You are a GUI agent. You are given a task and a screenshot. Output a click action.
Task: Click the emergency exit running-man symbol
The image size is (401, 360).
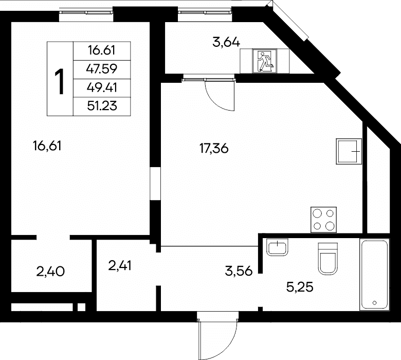pyautogui.click(x=265, y=61)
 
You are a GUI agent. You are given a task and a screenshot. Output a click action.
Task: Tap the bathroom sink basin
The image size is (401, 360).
pyautogui.click(x=277, y=247)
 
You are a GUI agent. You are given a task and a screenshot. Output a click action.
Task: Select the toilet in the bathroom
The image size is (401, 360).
pyautogui.click(x=328, y=259)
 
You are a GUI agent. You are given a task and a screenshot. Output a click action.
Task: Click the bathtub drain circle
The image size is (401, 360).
pyautogui.click(x=375, y=303)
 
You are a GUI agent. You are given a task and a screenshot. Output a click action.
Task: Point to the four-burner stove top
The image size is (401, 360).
pyautogui.click(x=323, y=220)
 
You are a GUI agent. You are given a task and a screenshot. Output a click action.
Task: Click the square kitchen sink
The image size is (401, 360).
pyautogui.click(x=349, y=151)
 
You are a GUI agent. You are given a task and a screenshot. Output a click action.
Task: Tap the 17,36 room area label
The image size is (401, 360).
pyautogui.click(x=214, y=149)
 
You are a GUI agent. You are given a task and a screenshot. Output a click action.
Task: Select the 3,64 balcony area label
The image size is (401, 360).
pyautogui.click(x=226, y=43)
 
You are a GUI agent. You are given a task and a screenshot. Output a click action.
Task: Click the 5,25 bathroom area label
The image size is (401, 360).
pyautogui.click(x=300, y=287)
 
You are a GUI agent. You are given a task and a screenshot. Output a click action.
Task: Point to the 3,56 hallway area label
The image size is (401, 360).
pyautogui.click(x=239, y=271)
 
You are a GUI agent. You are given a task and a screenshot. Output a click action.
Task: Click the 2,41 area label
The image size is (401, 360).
pyautogui.click(x=120, y=266)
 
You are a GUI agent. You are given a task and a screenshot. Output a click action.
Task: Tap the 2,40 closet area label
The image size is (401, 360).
pyautogui.click(x=50, y=272)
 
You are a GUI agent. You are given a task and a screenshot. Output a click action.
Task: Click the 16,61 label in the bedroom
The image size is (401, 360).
pyautogui.click(x=47, y=146)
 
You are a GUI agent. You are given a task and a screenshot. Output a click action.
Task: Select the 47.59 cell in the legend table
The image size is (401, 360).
pyautogui.click(x=102, y=69)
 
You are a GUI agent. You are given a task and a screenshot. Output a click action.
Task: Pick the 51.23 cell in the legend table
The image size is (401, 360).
pyautogui.click(x=102, y=105)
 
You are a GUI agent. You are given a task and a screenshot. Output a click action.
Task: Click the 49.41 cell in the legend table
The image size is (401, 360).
pyautogui.click(x=102, y=87)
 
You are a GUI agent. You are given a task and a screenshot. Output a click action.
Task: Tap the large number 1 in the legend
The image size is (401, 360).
pyautogui.click(x=60, y=82)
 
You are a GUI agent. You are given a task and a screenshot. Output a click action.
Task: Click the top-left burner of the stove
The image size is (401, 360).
pyautogui.click(x=317, y=213)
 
